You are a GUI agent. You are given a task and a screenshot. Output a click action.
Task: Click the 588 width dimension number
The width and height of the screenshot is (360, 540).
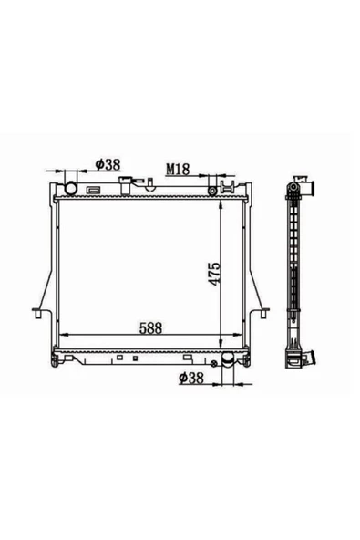[x=150, y=327]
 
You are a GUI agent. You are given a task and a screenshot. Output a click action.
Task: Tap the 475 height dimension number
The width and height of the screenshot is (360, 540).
[x=214, y=275]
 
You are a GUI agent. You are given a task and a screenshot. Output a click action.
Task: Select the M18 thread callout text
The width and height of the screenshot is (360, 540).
[x=178, y=169]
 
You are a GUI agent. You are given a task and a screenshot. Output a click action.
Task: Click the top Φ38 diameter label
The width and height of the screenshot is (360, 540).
[x=108, y=164]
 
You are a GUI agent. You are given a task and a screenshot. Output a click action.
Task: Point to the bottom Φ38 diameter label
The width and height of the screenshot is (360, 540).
[x=191, y=378]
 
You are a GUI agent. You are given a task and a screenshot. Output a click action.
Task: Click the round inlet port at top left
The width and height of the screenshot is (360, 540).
[x=71, y=189]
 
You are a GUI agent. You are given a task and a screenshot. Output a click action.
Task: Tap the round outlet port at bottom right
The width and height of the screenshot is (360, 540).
[x=228, y=359]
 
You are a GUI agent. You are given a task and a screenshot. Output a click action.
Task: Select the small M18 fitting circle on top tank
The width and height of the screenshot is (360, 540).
[x=212, y=191]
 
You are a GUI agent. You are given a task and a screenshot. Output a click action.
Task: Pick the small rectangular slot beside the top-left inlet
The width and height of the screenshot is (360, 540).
[x=93, y=190]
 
